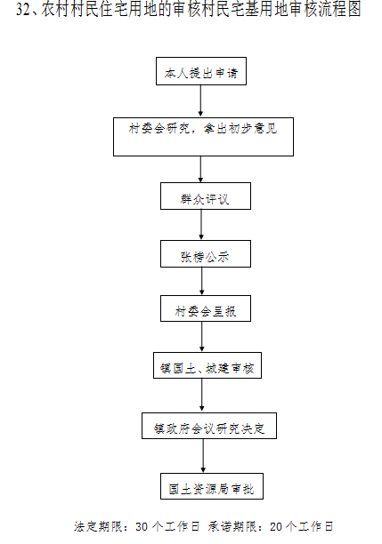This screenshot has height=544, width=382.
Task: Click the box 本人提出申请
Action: (x=201, y=71)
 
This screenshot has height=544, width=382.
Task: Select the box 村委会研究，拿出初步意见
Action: (x=203, y=137)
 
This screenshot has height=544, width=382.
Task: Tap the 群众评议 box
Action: (x=206, y=196)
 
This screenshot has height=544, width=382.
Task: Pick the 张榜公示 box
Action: (x=206, y=254)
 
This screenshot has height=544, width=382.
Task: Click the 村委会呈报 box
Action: (x=206, y=308)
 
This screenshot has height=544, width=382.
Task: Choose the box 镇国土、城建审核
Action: (x=207, y=365)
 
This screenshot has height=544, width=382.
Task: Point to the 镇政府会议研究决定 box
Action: (x=209, y=426)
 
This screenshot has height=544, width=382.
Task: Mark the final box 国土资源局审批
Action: (x=212, y=486)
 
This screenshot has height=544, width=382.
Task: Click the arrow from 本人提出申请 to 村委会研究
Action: (x=200, y=100)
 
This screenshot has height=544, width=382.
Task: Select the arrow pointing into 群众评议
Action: (x=200, y=169)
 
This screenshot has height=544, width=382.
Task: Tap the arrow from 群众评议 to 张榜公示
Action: (x=201, y=225)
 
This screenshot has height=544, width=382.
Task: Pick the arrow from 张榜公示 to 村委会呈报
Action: (x=201, y=281)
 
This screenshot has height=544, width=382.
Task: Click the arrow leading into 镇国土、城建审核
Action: (x=202, y=337)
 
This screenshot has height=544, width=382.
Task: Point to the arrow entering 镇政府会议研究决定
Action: (x=202, y=396)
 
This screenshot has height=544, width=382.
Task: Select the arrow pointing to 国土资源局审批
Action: (x=203, y=455)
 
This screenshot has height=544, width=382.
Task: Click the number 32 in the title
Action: (x=23, y=10)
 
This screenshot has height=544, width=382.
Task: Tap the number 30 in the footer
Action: (x=142, y=526)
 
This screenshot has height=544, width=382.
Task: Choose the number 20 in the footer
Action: (x=276, y=526)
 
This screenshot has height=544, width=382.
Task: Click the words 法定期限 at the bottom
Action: (x=98, y=526)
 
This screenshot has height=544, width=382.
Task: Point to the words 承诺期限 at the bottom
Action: (x=232, y=526)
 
